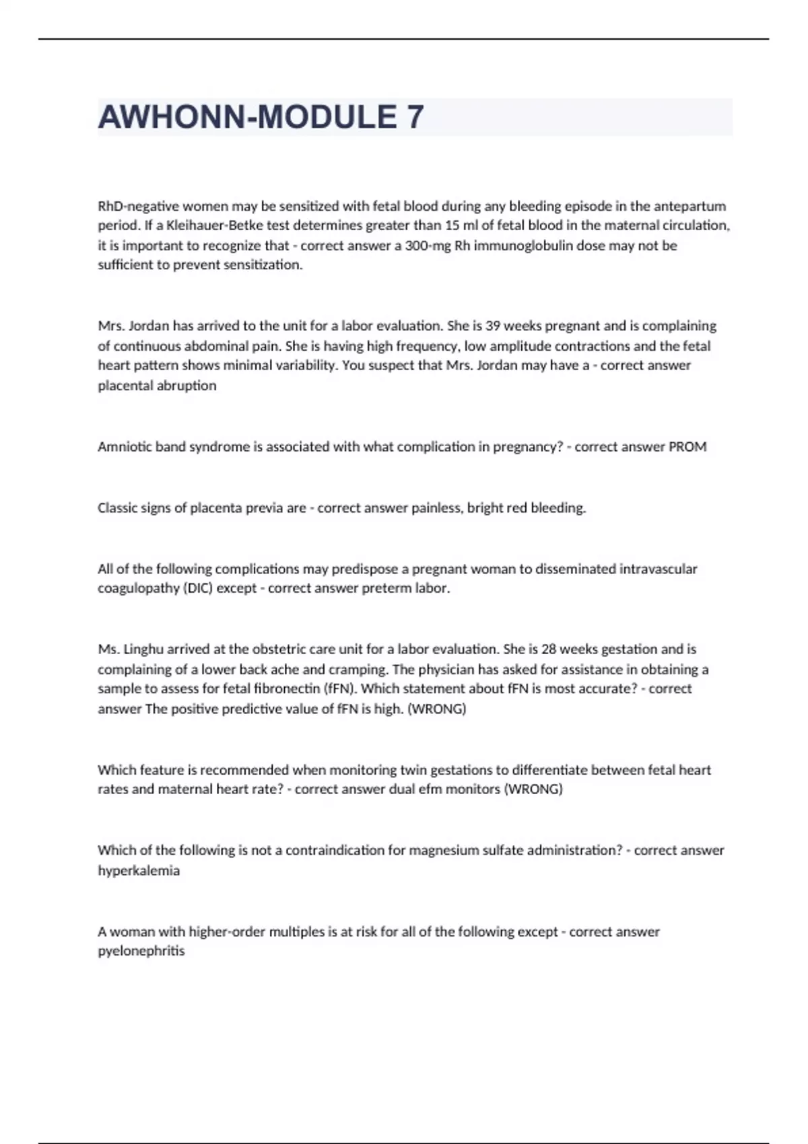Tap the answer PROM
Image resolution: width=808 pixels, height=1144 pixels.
click(687, 447)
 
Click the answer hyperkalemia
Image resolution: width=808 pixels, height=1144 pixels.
click(139, 871)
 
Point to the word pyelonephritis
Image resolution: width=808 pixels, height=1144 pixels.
click(141, 952)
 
